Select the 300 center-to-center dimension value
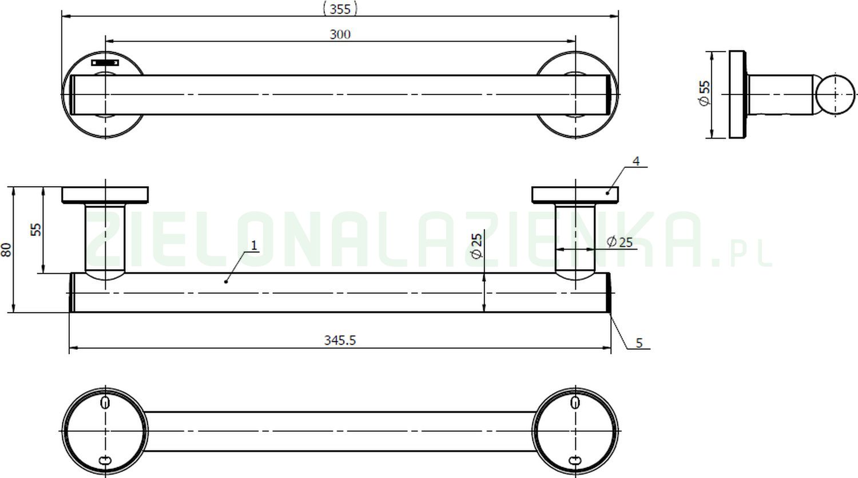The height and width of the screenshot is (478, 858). (340, 34)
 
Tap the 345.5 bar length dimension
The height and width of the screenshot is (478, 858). (340, 340)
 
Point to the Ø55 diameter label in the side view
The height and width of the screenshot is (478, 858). (704, 93)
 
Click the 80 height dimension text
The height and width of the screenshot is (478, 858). (6, 250)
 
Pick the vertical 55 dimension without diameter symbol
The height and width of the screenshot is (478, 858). (36, 230)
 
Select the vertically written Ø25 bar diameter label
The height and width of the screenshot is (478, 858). (477, 246)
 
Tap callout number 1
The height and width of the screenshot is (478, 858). (254, 245)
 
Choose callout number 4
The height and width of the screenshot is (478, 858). (635, 161)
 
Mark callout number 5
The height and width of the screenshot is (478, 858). (639, 343)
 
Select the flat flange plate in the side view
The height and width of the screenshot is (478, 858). (738, 94)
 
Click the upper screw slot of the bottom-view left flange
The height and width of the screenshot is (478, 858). (105, 402)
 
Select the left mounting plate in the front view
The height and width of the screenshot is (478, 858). (105, 195)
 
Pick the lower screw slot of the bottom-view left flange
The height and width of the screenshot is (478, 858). (105, 460)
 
